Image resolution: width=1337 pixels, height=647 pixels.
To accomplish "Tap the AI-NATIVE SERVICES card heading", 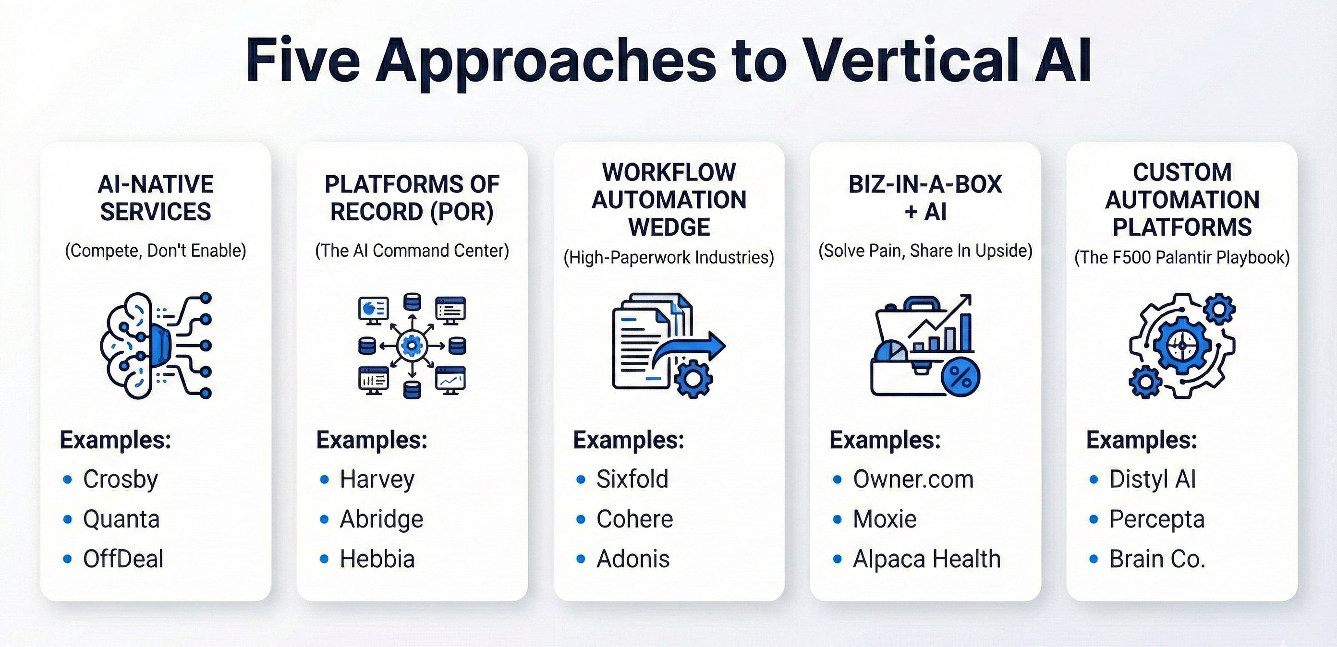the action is click(x=156, y=198).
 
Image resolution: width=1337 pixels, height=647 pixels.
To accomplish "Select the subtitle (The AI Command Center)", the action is click(x=412, y=251).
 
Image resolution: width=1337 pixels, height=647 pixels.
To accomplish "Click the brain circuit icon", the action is click(x=156, y=346).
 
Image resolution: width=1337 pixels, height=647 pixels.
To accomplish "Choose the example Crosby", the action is click(x=121, y=479).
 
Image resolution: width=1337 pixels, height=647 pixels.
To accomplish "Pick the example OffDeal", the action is click(x=123, y=559).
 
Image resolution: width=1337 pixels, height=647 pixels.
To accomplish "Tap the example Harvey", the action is click(x=377, y=479).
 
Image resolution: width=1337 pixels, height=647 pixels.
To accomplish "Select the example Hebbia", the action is click(x=377, y=559).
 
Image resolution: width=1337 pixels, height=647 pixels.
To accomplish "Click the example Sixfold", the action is click(x=632, y=479).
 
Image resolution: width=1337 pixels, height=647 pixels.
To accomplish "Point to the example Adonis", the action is click(x=632, y=559).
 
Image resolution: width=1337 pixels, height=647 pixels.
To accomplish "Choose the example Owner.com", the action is click(x=913, y=479).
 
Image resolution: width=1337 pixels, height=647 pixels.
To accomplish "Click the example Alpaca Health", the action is click(x=926, y=559).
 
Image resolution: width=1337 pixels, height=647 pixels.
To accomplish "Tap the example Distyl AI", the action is click(x=1152, y=479).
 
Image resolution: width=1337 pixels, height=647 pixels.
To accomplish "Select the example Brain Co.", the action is click(x=1157, y=559).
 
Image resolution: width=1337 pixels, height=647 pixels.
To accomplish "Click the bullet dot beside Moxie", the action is click(x=837, y=519).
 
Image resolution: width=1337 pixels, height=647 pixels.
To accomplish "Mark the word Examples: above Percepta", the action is click(x=1142, y=440).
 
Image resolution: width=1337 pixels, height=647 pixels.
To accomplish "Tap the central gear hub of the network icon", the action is click(x=412, y=346).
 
